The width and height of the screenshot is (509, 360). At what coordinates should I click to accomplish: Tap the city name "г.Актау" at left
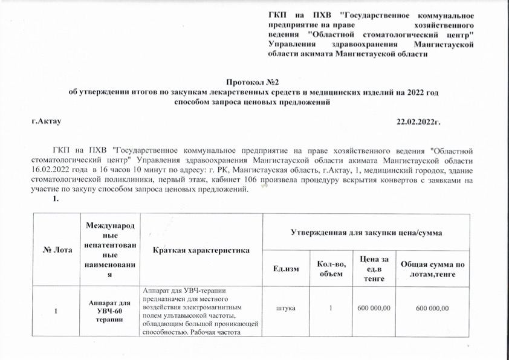click(47, 122)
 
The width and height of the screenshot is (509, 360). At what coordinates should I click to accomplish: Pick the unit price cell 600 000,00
click(373, 309)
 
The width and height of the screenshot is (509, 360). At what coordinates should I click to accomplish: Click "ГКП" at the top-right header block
click(277, 14)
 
